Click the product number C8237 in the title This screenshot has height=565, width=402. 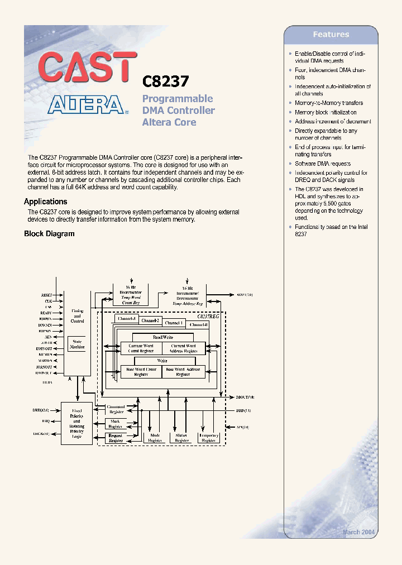pos(166,82)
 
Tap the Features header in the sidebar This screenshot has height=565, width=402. pos(331,35)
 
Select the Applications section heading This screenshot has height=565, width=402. pos(45,202)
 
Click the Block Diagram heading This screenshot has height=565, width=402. pos(49,234)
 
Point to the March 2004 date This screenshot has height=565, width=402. pos(358,533)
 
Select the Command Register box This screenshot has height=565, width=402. pos(116,410)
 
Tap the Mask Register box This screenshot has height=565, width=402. pos(116,424)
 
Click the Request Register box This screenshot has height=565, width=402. pos(116,438)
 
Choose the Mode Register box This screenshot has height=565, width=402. pos(155,438)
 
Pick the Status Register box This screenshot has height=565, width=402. pos(182,438)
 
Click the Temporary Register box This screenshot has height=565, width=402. pos(209,438)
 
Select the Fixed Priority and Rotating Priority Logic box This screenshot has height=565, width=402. pos(76,423)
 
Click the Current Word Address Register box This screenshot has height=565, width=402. pos(183,348)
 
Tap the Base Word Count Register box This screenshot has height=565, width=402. pos(141,372)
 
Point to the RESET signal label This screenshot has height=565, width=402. pos(46,294)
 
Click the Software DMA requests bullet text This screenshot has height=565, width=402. pos(323,164)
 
